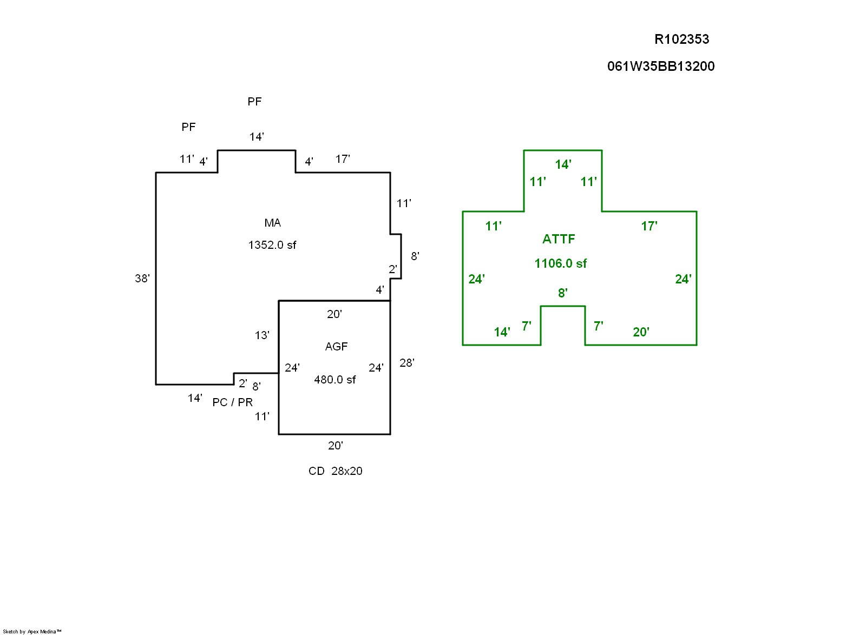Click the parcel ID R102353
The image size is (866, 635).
click(x=681, y=39)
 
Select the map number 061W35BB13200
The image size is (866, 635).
click(x=660, y=67)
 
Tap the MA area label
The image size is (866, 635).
click(x=272, y=223)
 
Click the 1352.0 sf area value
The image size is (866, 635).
click(x=272, y=245)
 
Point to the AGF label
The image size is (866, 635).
click(x=336, y=347)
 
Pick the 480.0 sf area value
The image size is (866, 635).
click(x=334, y=380)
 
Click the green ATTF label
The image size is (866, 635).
click(x=559, y=239)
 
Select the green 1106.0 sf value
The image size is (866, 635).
click(x=560, y=263)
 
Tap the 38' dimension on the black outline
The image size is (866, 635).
click(x=142, y=279)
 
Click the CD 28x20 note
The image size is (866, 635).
click(x=335, y=471)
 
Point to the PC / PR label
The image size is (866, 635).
click(x=232, y=402)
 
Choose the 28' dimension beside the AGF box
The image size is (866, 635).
click(x=406, y=363)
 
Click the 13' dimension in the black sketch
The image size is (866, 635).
click(x=262, y=335)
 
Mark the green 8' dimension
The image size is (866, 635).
click(x=562, y=293)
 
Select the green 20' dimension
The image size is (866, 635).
click(x=641, y=332)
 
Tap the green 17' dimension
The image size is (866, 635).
click(x=649, y=226)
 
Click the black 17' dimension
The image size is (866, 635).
click(x=343, y=159)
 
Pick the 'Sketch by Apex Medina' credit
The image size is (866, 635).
click(x=32, y=631)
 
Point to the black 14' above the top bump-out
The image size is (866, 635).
click(x=257, y=137)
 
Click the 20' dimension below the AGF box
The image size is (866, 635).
click(x=335, y=446)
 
